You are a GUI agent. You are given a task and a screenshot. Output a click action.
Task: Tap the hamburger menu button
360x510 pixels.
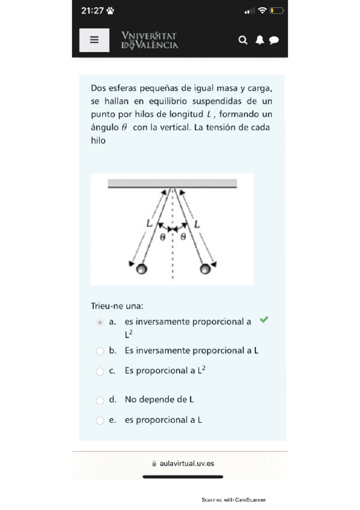(94, 40)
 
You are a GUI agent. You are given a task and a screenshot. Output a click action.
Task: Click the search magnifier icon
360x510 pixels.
(243, 40)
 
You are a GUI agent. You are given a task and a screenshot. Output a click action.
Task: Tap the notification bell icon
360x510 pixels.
(260, 40)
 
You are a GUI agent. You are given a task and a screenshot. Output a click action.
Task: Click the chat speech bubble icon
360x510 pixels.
(274, 40)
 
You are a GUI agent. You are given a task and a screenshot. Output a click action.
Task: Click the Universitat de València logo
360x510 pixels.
(150, 40)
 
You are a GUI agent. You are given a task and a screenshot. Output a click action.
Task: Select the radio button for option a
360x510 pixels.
(100, 322)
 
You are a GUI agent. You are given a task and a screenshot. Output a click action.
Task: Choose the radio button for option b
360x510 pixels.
(100, 351)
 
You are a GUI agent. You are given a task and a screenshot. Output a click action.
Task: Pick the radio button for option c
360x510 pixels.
(100, 372)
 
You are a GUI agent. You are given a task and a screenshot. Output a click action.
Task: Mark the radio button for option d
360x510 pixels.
(100, 401)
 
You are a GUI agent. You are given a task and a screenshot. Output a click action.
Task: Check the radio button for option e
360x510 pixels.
(100, 420)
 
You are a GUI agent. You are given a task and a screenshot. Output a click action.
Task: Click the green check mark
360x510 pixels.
(264, 319)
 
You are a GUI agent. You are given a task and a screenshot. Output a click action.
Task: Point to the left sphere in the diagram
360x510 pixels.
(142, 269)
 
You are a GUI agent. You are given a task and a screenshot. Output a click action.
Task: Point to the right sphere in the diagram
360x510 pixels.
(205, 269)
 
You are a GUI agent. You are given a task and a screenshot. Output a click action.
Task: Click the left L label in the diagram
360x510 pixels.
(149, 223)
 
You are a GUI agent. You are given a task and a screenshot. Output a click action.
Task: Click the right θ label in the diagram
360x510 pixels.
(183, 236)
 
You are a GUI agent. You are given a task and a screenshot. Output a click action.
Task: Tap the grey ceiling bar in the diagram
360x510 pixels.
(172, 183)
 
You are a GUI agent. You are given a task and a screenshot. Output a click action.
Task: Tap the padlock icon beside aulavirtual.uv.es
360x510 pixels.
(154, 464)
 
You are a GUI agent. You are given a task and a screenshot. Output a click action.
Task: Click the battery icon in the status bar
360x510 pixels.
(277, 11)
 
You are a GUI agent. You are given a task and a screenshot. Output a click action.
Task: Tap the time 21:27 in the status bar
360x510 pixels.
(93, 11)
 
